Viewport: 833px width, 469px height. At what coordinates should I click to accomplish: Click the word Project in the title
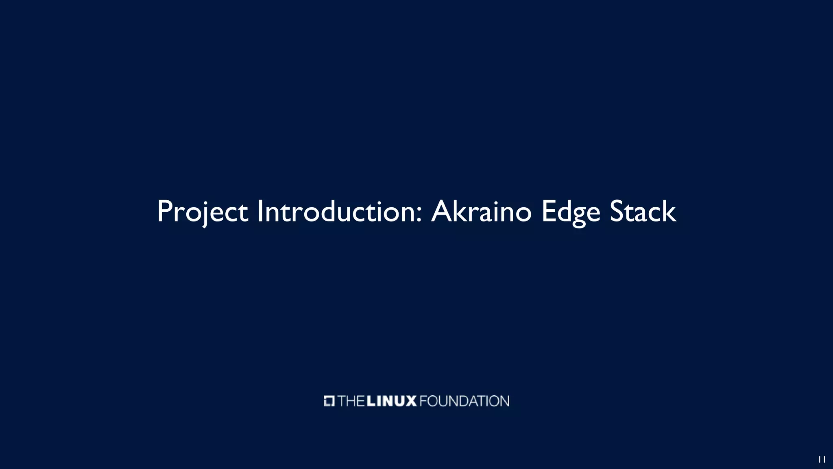click(x=202, y=212)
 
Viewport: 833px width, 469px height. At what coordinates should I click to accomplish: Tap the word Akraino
click(x=481, y=212)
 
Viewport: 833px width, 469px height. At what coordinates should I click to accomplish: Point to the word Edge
click(x=571, y=212)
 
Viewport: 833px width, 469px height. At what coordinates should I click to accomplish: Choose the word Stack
click(x=643, y=212)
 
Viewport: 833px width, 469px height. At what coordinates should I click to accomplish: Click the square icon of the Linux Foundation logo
click(x=329, y=401)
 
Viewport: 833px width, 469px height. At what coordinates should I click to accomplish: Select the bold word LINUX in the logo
click(x=391, y=401)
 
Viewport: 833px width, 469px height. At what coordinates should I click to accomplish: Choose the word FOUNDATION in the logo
click(x=464, y=401)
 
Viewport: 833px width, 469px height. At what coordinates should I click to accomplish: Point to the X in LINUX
click(x=411, y=401)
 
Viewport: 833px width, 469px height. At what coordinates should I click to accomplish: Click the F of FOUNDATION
click(x=423, y=401)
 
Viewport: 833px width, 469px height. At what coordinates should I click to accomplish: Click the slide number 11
click(x=822, y=460)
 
